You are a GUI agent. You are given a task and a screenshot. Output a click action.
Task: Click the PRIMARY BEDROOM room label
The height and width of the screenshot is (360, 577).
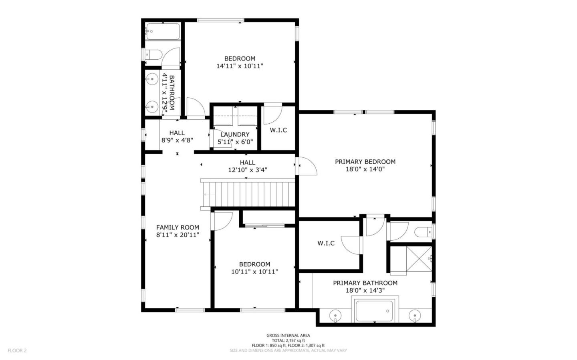click(365, 162)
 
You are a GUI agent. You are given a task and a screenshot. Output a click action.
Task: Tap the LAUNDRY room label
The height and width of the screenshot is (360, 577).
click(235, 135)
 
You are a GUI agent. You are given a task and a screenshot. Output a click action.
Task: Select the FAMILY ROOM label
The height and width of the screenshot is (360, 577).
click(178, 227)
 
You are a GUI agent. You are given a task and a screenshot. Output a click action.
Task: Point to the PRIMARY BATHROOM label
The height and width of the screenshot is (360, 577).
click(365, 283)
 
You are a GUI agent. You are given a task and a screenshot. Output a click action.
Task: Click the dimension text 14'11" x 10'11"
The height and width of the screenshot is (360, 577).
click(240, 66)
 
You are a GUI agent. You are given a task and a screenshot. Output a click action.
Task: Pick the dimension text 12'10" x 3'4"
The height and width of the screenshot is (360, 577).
click(248, 170)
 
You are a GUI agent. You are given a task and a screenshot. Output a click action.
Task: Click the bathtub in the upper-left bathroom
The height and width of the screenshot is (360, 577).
click(163, 31)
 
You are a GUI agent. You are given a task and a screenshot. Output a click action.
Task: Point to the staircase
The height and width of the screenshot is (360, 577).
click(248, 194)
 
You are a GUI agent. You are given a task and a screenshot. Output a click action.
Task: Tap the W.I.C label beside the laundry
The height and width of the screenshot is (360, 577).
click(278, 130)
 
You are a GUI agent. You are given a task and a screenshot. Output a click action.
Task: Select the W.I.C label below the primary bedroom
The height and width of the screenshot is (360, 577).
click(326, 243)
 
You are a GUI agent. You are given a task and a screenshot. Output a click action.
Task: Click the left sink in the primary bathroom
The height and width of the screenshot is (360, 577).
click(335, 316)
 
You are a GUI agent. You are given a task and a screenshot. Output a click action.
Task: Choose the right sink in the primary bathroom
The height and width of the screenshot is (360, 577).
click(415, 316)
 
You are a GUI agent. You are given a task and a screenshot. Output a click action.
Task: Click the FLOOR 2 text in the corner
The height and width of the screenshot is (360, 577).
click(17, 350)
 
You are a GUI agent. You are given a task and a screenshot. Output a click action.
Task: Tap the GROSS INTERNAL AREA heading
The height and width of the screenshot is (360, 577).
click(288, 336)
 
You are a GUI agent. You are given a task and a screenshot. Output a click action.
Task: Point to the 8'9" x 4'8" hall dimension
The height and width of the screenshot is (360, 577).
click(177, 141)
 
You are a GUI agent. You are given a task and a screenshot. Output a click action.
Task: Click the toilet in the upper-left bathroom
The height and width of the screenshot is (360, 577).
click(153, 54)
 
